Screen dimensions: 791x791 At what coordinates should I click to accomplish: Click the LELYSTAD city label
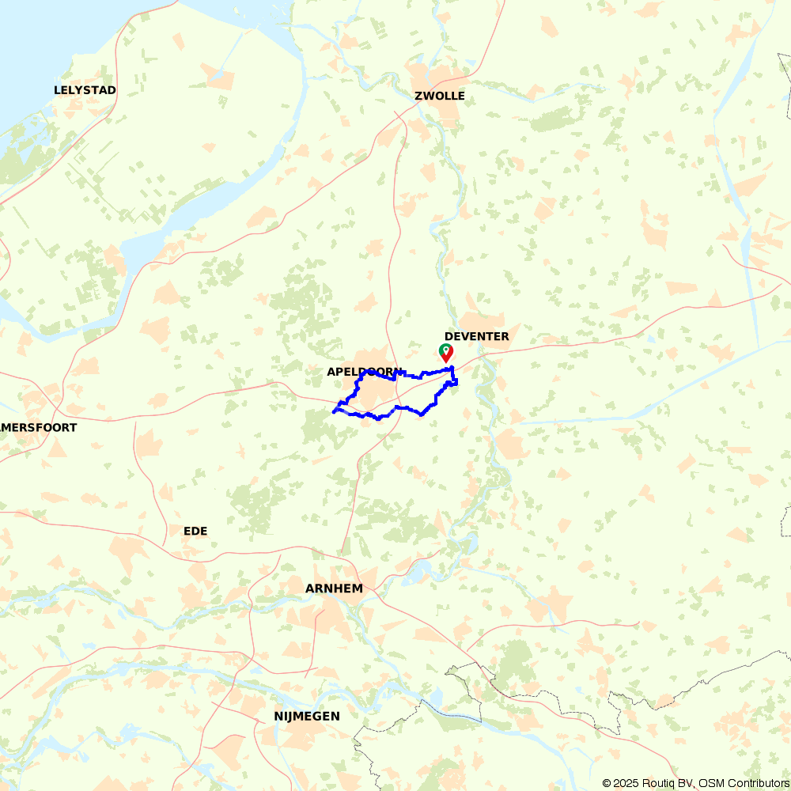(85, 90)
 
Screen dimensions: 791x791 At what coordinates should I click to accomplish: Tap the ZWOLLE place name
(439, 97)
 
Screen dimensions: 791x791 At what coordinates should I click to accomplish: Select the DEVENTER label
(476, 337)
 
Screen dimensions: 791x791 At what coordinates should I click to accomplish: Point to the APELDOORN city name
(363, 372)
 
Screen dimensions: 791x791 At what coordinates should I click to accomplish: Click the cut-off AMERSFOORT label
(39, 428)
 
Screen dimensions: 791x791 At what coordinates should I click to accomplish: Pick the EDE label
(195, 531)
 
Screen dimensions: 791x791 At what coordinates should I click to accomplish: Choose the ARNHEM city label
(334, 589)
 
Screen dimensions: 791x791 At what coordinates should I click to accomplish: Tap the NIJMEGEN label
(307, 717)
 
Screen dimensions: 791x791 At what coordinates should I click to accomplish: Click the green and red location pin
(446, 352)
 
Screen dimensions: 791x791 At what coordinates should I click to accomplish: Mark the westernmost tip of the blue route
(333, 411)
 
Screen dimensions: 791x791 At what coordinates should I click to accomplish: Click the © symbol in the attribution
(607, 783)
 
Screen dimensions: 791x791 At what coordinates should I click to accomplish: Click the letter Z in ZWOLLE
(418, 97)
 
